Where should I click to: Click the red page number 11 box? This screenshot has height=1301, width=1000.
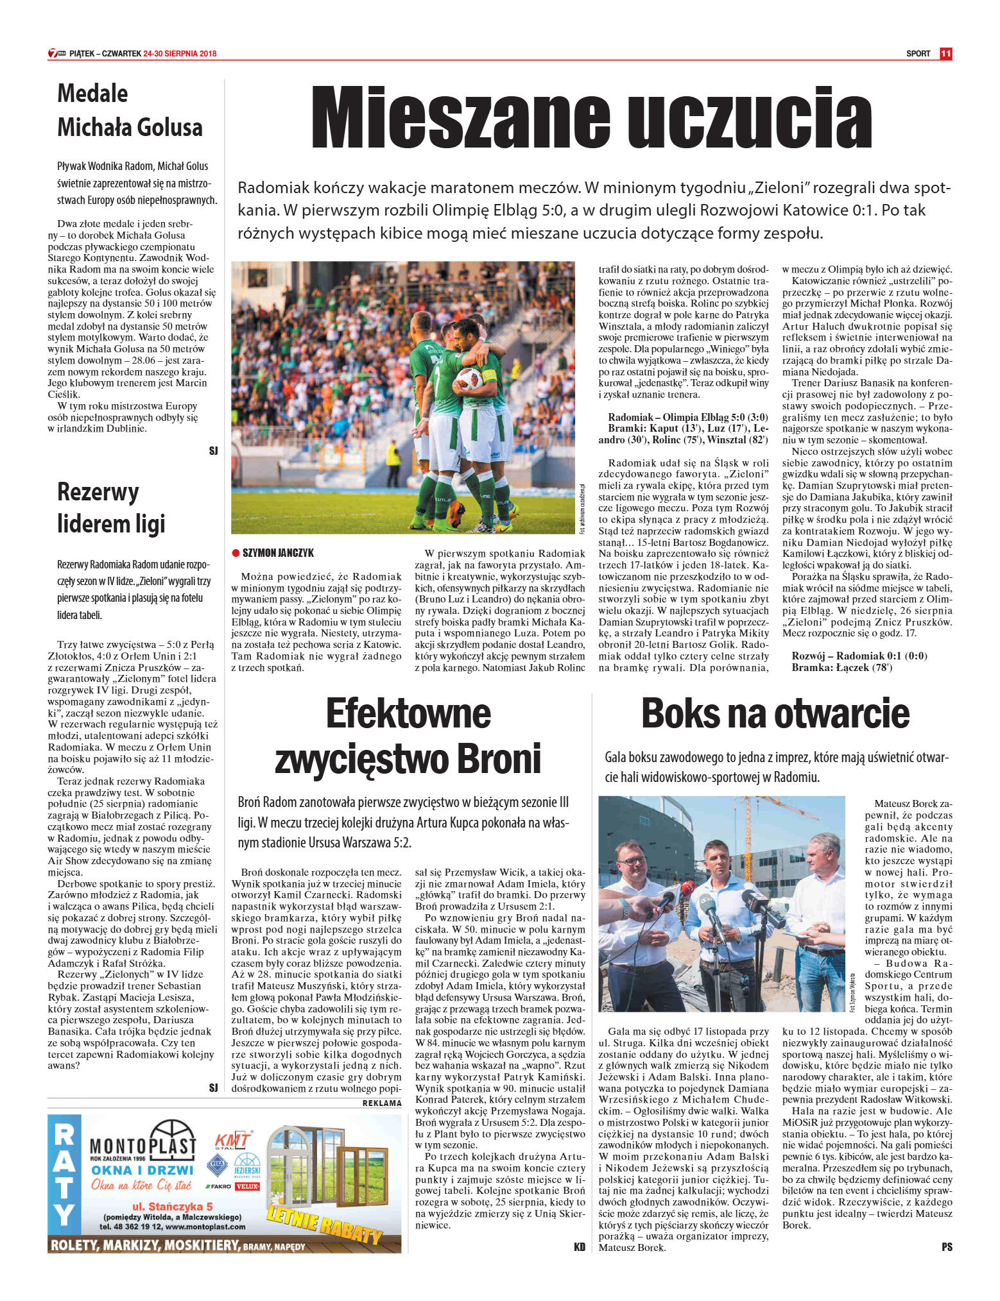pyautogui.click(x=945, y=54)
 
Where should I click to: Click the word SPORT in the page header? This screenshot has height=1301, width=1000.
pyautogui.click(x=918, y=54)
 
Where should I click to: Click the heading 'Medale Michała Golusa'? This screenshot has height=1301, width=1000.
pyautogui.click(x=130, y=110)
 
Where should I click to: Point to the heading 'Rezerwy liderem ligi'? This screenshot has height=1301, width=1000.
pyautogui.click(x=111, y=507)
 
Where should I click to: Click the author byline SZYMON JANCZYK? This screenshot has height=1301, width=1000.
pyautogui.click(x=278, y=553)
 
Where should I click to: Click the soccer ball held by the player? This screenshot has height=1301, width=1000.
pyautogui.click(x=469, y=379)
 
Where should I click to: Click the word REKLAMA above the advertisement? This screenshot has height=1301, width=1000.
pyautogui.click(x=382, y=1103)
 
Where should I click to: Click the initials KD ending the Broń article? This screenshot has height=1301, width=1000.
pyautogui.click(x=580, y=1246)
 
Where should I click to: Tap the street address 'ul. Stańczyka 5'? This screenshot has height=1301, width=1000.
pyautogui.click(x=172, y=1205)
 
